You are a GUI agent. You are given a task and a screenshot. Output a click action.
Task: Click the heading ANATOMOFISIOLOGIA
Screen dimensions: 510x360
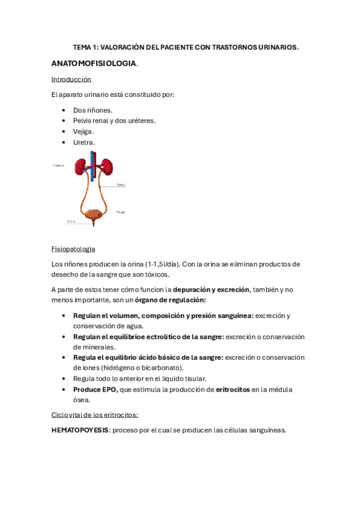pyautogui.click(x=94, y=63)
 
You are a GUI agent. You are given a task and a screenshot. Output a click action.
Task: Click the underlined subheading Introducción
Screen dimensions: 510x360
pyautogui.click(x=71, y=79)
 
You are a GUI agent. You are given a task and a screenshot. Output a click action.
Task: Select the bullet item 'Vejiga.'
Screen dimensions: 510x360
pyautogui.click(x=84, y=131)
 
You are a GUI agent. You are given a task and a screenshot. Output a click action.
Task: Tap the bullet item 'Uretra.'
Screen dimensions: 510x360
pyautogui.click(x=84, y=142)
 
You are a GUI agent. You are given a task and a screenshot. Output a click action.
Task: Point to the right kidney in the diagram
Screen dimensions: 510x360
pyautogui.click(x=107, y=167)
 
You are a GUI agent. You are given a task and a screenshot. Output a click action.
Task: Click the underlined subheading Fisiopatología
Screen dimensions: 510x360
pyautogui.click(x=73, y=249)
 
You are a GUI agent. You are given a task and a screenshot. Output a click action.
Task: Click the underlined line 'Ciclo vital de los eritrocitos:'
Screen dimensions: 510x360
pyautogui.click(x=95, y=415)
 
